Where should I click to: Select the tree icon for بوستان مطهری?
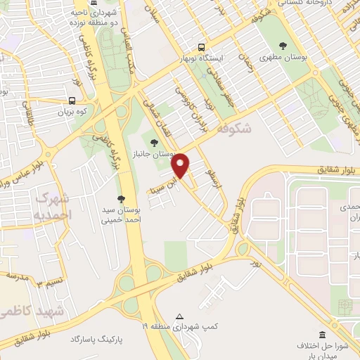pyautogui.click(x=283, y=46)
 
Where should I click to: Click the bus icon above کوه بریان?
pyautogui.click(x=72, y=101)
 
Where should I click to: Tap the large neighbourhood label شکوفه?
pyautogui.click(x=234, y=129)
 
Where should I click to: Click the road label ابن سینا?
pyautogui.click(x=160, y=187)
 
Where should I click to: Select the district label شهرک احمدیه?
pyautogui.click(x=53, y=204)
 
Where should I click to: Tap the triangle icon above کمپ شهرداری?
pyautogui.click(x=180, y=316)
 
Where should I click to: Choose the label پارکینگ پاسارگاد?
pyautogui.click(x=96, y=340)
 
